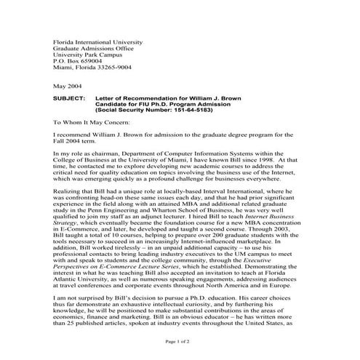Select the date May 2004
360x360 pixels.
[68, 85]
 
